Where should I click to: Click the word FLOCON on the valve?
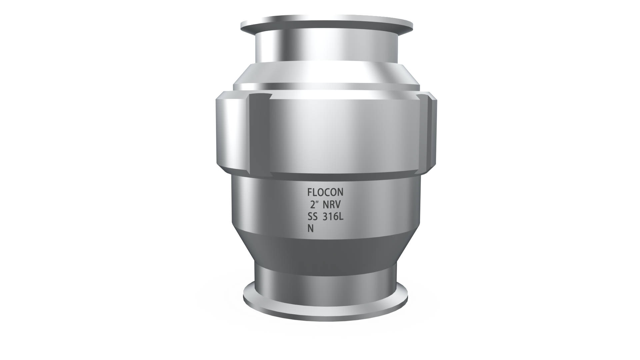pos(325,192)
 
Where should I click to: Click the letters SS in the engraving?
pos(312,217)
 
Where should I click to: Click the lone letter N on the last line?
pos(310,229)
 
